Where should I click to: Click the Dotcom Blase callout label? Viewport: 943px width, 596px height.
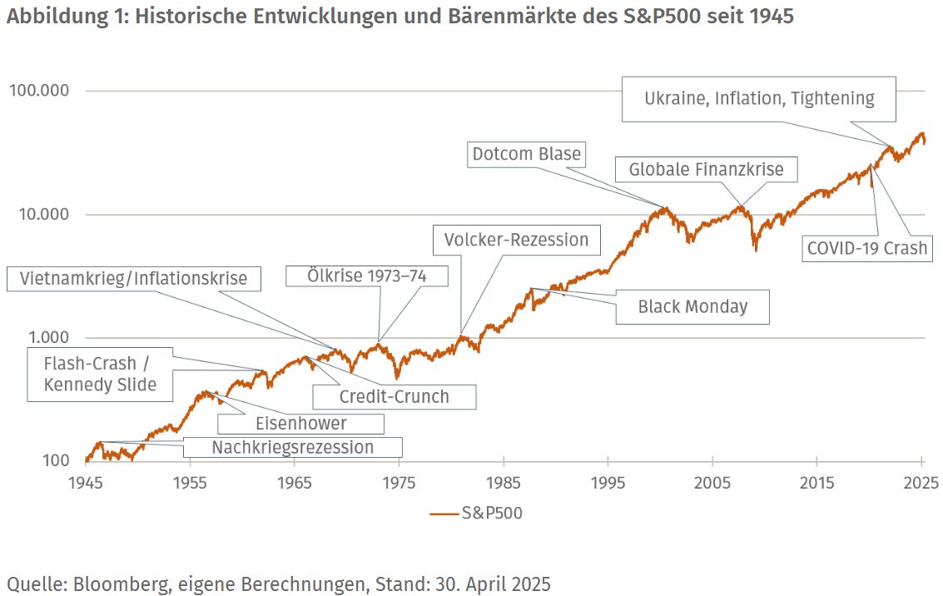527,154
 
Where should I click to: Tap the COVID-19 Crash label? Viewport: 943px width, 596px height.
866,248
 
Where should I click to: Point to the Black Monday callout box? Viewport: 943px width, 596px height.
692,306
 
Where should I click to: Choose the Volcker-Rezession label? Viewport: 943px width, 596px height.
516,240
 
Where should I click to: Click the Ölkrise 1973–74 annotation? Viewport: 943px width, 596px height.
367,276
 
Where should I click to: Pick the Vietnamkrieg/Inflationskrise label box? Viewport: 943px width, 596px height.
133,278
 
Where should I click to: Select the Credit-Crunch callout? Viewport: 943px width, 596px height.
394,396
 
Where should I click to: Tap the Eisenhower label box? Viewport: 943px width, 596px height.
300,423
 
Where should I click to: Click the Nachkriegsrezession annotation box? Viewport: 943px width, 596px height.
292,448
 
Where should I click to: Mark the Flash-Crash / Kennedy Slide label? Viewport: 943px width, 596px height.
100,375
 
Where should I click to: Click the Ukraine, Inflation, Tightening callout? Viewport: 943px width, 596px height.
759,98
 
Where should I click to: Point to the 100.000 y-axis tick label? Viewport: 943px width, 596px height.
39,91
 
